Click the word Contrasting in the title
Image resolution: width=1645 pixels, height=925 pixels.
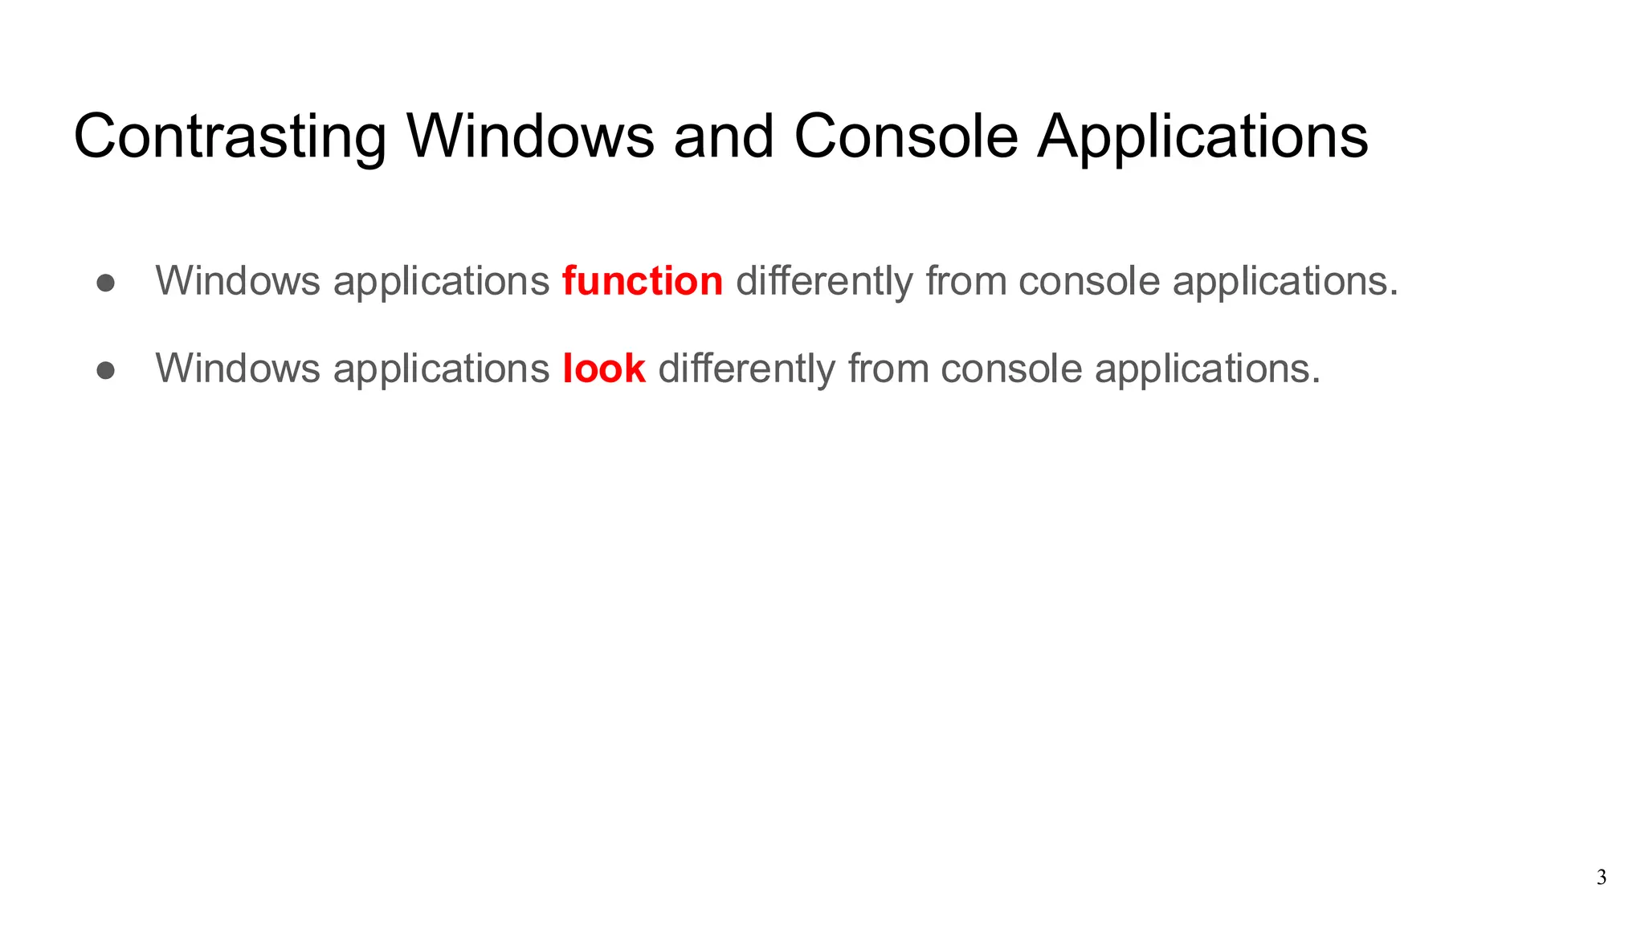click(230, 137)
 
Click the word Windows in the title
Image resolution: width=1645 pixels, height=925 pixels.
click(530, 137)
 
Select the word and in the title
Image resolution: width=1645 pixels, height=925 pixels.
click(724, 137)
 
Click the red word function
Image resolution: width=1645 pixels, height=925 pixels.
click(643, 281)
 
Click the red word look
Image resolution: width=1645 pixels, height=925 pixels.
click(604, 369)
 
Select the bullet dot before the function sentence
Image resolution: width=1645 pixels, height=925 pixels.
click(105, 283)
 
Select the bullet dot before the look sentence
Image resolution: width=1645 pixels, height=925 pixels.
click(105, 370)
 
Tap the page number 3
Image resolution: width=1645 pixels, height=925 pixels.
click(1602, 878)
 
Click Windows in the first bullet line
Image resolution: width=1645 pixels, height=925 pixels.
click(238, 281)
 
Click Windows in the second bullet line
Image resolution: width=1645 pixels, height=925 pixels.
click(238, 369)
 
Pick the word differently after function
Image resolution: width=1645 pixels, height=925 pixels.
click(824, 283)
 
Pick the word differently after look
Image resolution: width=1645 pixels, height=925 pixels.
click(746, 370)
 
